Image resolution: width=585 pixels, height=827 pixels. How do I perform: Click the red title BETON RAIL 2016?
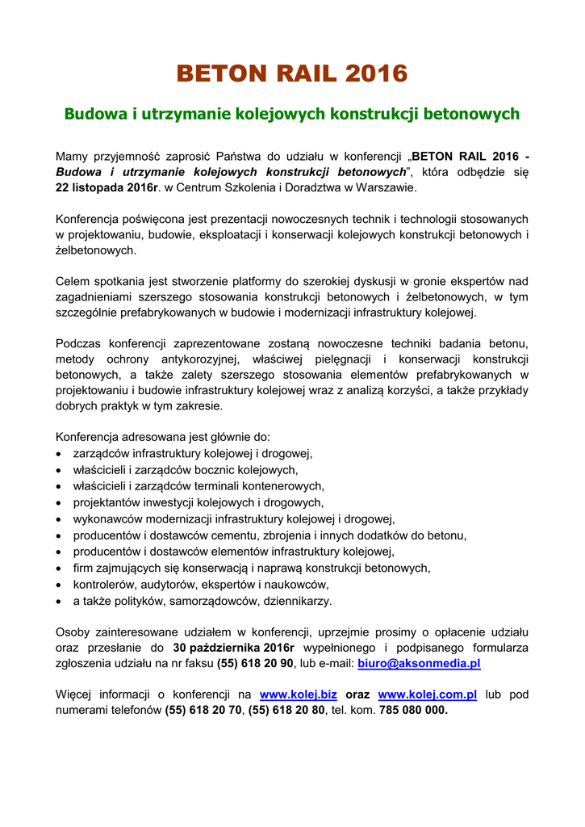292,74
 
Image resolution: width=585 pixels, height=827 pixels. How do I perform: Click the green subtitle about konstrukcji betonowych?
292,114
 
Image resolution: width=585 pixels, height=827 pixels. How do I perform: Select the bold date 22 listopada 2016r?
106,187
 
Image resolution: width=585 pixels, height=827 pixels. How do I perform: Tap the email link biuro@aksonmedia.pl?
419,664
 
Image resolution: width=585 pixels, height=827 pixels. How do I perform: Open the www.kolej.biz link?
298,695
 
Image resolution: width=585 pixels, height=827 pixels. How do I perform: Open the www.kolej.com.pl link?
427,695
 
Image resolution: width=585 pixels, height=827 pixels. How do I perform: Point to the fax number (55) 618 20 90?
255,664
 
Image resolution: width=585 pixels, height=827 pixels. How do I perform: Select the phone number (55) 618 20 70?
203,711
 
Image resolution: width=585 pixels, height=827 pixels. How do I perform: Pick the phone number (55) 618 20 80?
286,711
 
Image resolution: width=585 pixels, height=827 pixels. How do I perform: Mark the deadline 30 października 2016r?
234,648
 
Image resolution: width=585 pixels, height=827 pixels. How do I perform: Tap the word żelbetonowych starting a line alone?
95,250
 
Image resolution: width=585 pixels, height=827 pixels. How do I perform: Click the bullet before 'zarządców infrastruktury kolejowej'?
60,454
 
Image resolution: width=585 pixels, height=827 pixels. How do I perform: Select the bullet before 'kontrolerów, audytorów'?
60,585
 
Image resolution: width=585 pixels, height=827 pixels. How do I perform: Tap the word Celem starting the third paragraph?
73,281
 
